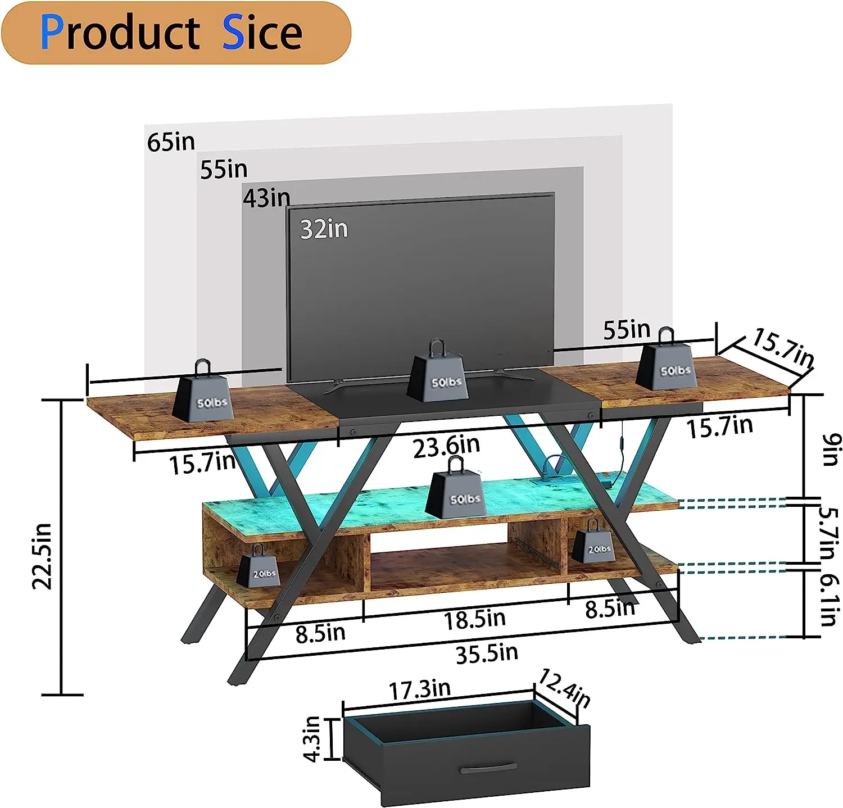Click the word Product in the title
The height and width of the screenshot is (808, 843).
coord(120,33)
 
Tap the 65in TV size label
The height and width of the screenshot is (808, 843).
coord(171,142)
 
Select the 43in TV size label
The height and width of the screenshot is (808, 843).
coord(266,198)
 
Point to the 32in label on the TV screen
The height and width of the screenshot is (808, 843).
coord(324,229)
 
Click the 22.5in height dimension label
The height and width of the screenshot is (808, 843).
coord(43,556)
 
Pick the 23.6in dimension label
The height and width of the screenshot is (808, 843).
coord(446,447)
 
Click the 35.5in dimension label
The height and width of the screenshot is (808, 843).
coord(487,653)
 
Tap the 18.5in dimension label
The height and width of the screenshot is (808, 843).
coord(475,619)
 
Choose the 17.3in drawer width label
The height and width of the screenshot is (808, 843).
coord(420,690)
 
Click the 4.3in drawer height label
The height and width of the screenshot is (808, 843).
coord(312,739)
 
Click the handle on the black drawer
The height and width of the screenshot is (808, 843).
coord(488,769)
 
